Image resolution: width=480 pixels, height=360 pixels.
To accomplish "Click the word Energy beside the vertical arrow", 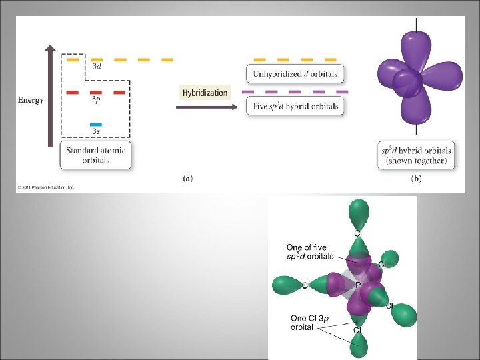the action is pos(31,100).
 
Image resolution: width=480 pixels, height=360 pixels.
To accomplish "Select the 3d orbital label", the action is pos(97,67).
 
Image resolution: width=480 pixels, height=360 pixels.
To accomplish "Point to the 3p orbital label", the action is pos(97,100).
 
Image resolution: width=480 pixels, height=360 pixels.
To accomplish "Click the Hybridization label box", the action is pos(205,93).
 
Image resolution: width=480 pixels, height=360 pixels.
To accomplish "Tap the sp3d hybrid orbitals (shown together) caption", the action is pos(417,155).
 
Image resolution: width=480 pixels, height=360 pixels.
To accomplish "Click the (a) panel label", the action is pos(188,178).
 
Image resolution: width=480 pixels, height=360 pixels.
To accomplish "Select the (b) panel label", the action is pos(417,178).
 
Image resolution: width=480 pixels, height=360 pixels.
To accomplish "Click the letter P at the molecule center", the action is pos(358,285).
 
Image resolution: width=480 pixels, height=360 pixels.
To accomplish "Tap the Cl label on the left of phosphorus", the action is pos(306,285).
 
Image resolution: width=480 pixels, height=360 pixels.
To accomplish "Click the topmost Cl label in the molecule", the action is pos(358,233).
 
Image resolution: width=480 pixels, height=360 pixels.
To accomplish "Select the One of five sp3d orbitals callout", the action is pos(310,252).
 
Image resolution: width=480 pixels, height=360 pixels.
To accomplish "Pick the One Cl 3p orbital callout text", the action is pos(307,323).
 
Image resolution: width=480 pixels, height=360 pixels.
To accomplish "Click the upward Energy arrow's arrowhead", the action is pos(50,48).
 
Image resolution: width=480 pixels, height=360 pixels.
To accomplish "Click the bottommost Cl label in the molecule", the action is pos(357,330).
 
